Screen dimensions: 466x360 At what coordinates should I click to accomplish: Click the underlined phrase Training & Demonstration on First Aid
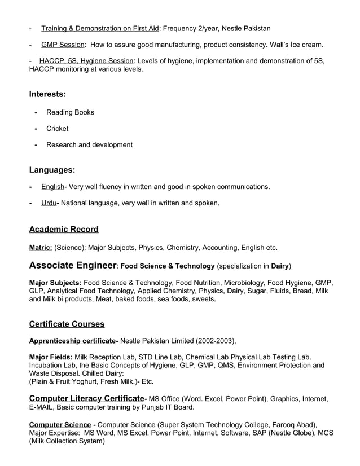[100, 28]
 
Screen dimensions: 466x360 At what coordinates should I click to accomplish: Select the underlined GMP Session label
[63, 45]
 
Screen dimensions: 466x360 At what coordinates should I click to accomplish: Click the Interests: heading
[47, 94]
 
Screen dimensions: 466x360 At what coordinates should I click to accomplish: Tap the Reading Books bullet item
[70, 112]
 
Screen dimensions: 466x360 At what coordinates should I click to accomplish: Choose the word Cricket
[57, 129]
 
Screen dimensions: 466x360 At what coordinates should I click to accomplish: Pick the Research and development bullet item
[89, 145]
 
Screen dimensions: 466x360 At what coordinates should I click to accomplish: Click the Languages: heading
[52, 170]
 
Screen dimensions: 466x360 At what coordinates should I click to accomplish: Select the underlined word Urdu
[49, 203]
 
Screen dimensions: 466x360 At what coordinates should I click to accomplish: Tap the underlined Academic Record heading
[64, 230]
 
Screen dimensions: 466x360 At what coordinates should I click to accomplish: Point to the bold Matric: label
[41, 247]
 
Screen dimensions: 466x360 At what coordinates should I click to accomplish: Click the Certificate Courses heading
[67, 324]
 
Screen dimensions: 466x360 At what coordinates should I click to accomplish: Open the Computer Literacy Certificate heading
[86, 398]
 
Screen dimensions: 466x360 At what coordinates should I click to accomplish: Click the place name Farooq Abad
[293, 424]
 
